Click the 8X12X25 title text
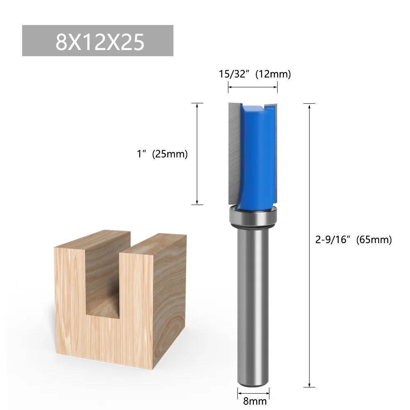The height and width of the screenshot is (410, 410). (x=100, y=41)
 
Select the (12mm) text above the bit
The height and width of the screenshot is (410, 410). (x=273, y=74)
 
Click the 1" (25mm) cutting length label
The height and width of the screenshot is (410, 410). (x=162, y=154)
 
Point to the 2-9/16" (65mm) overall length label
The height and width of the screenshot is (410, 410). (x=353, y=240)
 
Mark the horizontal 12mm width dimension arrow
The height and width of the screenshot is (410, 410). (x=253, y=87)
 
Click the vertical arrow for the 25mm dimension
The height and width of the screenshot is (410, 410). (x=198, y=154)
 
